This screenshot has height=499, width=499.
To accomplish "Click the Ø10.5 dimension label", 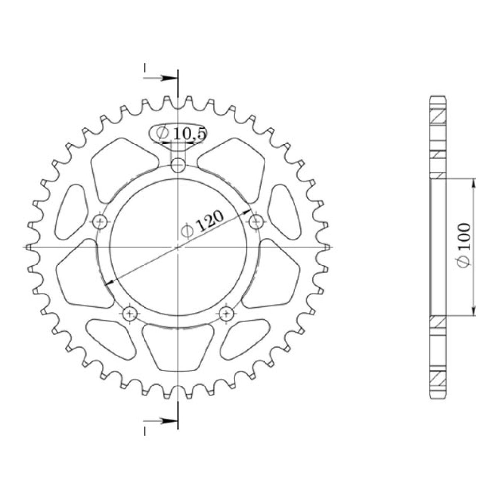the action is [x=181, y=134].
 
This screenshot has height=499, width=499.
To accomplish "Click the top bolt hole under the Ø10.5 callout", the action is [x=178, y=165].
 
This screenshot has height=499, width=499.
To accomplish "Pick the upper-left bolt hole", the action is [x=100, y=221].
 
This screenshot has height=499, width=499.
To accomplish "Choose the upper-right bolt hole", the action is [x=256, y=221].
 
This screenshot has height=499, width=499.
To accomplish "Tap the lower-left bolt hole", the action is [x=130, y=314].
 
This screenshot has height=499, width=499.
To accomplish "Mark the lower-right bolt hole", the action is [x=227, y=314].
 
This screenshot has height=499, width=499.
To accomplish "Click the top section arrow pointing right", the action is [x=160, y=78].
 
